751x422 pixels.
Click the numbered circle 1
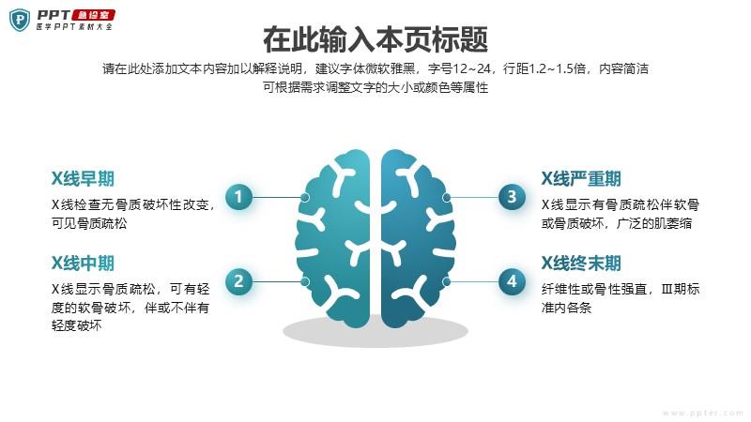coord(238,197)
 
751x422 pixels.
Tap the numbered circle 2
coord(238,280)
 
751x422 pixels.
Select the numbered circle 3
coord(512,197)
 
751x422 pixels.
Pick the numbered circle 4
coord(512,280)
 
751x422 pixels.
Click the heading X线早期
coord(83,178)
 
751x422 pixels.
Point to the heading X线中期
coord(83,264)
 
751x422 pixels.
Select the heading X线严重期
coord(581,178)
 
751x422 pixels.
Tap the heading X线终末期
coord(581,264)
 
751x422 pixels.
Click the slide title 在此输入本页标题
coord(375,39)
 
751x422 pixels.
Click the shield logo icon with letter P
coord(20,20)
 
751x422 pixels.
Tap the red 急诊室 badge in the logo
coord(93,15)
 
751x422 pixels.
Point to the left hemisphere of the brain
coord(333,238)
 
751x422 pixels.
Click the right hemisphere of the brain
coord(418,238)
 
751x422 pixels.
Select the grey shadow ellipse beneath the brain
coord(375,331)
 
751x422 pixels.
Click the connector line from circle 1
coord(279,197)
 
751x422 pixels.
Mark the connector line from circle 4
coord(472,281)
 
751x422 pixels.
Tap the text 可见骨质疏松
coord(89,223)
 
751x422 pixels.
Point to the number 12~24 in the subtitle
coord(472,68)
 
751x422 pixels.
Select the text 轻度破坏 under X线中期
coord(77,325)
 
